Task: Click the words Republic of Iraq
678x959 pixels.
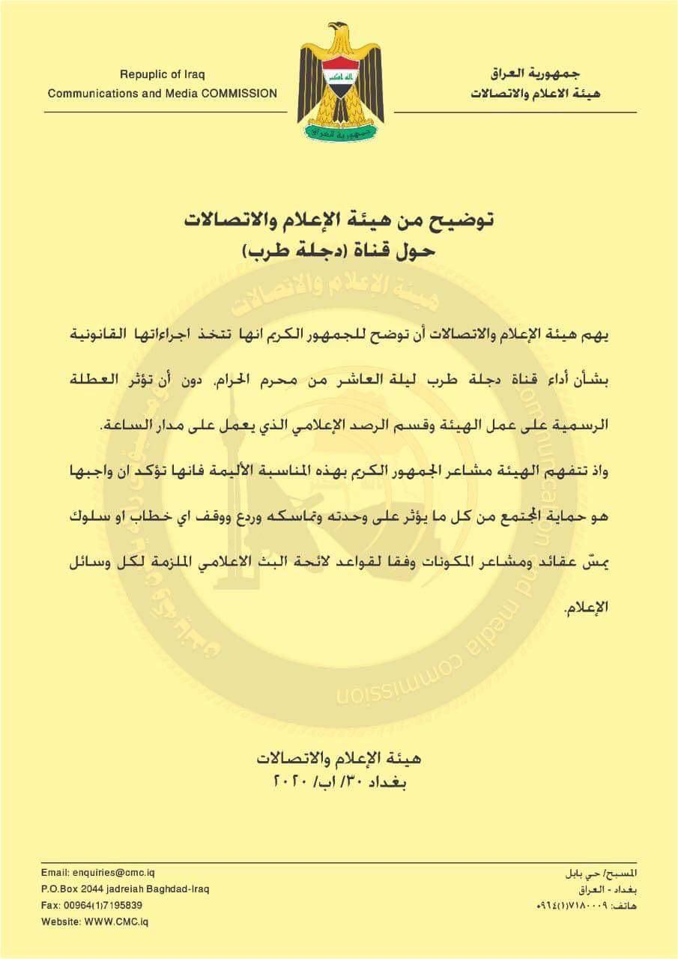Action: pyautogui.click(x=162, y=74)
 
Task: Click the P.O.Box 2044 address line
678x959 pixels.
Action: pyautogui.click(x=125, y=889)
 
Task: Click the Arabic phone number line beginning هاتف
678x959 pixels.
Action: pyautogui.click(x=587, y=906)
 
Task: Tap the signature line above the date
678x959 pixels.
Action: pyautogui.click(x=339, y=758)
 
